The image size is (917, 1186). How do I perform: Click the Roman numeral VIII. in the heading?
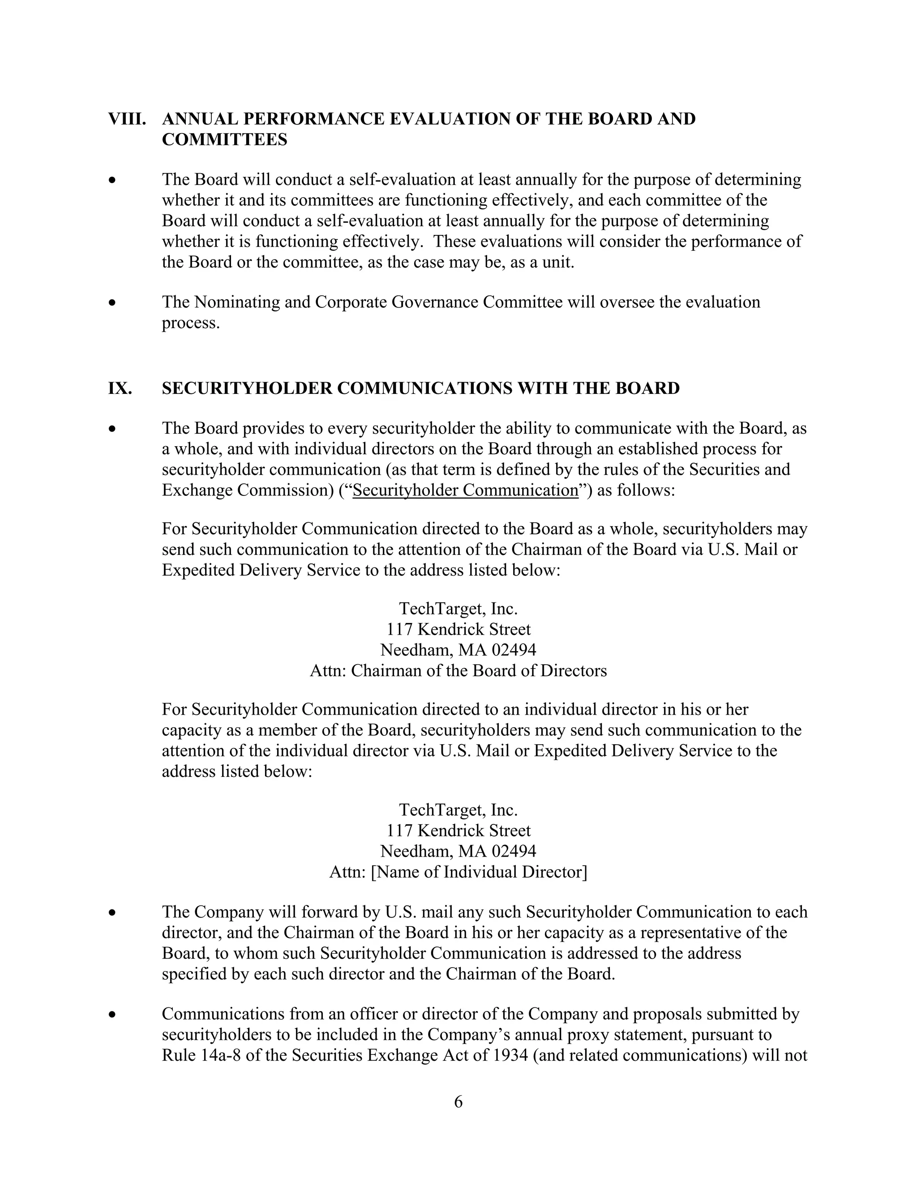tap(127, 119)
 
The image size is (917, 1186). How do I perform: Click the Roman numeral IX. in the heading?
tap(120, 388)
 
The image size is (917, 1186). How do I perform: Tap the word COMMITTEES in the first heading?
tap(224, 140)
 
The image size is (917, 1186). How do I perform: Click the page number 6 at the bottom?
tap(458, 1102)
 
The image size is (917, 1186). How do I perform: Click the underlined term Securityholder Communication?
tap(466, 491)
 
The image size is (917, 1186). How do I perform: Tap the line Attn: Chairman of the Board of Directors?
tap(458, 671)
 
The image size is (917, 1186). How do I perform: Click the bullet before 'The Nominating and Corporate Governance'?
tap(112, 303)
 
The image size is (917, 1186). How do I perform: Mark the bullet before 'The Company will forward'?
tap(112, 913)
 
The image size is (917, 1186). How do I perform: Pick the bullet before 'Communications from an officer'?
tap(112, 1015)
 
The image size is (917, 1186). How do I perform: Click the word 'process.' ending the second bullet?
tap(191, 323)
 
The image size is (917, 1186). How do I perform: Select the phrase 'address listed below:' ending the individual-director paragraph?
tap(237, 772)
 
